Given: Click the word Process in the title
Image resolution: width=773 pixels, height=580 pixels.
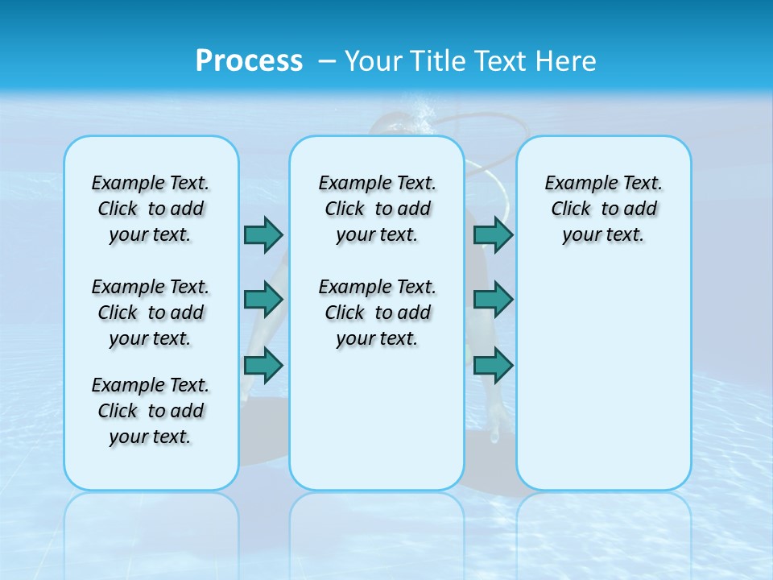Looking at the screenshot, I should coord(249,61).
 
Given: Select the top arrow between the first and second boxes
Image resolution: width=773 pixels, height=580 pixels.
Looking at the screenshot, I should coord(263,234).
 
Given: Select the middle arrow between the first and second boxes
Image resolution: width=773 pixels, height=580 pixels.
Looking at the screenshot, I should coord(263,300).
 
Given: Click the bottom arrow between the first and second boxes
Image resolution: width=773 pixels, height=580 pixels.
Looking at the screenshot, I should coord(263,366).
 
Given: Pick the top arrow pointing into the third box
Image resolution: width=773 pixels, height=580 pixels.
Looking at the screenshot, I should coord(493,234).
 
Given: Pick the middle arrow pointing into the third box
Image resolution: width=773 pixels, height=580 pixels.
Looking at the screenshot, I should coord(493,300).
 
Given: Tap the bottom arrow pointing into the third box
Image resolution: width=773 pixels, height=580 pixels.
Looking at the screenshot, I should coord(493,366).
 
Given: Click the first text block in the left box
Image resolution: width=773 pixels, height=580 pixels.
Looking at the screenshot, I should coord(151,209).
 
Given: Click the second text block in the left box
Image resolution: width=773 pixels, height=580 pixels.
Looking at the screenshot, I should coord(151,313).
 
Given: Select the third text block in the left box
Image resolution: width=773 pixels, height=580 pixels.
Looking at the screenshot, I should coord(151,411).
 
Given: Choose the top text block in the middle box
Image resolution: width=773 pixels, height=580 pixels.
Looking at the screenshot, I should coord(377,209).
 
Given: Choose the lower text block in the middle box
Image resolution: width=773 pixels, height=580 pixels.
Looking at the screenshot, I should coord(377,313).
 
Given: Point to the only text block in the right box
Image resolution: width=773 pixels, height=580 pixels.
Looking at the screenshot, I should coord(603,209).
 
